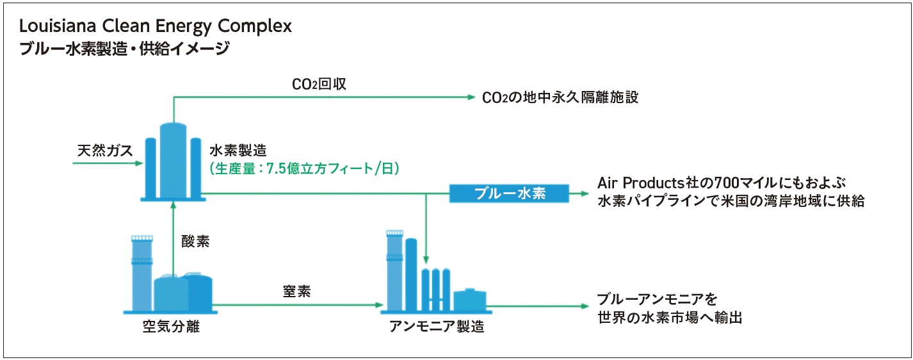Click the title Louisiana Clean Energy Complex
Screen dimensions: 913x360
tap(156, 26)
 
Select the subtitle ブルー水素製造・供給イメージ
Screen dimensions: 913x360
tap(124, 49)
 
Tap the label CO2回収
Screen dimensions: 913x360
tap(319, 84)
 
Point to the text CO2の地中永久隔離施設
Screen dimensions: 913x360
tap(560, 97)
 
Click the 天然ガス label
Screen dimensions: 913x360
tap(105, 151)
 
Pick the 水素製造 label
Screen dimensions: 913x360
tap(238, 151)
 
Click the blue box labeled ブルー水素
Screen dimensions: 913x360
tap(509, 193)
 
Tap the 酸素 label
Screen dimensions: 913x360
tap(196, 241)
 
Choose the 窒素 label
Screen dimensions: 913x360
tap(296, 291)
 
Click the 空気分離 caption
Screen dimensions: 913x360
tap(171, 327)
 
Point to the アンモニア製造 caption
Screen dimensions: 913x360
tap(437, 327)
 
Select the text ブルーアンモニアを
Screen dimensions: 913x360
tap(657, 299)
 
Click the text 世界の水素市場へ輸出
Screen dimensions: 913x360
tap(670, 317)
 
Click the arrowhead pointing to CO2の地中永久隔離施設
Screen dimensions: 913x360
tap(471, 97)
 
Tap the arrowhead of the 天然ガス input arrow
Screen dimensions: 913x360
tap(139, 163)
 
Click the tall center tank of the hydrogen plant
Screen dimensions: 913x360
tap(174, 161)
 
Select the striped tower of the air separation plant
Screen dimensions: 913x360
tap(142, 273)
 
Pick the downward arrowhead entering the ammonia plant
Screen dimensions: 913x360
tap(426, 259)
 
